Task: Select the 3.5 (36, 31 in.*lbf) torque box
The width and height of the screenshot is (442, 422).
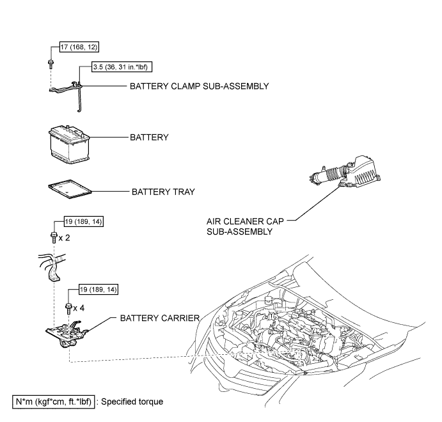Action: [122, 67]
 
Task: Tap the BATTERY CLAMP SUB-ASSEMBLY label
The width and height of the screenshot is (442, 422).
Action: [200, 86]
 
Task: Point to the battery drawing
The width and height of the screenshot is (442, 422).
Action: [69, 145]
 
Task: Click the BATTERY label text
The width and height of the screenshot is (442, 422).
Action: [149, 137]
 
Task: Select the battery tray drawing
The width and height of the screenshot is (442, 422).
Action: [70, 189]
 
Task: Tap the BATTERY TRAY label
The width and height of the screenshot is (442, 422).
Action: [163, 192]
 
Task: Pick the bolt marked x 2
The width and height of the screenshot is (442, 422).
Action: [54, 237]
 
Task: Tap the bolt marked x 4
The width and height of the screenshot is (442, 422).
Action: [68, 308]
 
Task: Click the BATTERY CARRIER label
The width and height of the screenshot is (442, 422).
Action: [160, 318]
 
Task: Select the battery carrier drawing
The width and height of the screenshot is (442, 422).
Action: [67, 334]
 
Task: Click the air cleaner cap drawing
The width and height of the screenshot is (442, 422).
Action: [345, 173]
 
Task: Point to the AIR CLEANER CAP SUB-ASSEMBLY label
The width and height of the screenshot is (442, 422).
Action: [245, 226]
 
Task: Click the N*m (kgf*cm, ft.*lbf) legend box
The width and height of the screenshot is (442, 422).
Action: [54, 402]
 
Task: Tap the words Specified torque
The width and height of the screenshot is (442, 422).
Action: [132, 402]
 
